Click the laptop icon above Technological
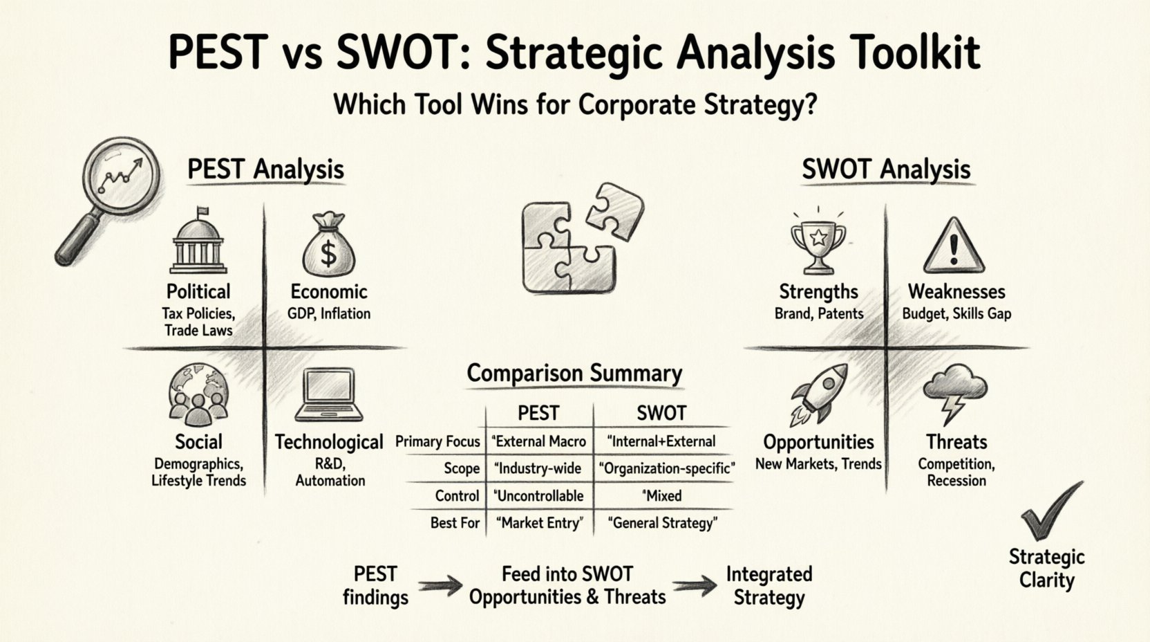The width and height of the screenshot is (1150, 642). point(330,395)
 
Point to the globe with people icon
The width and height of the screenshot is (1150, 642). point(198,396)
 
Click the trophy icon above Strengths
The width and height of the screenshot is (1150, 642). point(818,242)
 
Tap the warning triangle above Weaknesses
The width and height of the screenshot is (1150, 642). point(955,246)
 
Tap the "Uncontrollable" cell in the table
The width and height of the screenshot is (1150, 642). point(539,496)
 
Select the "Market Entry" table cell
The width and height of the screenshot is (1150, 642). point(539,523)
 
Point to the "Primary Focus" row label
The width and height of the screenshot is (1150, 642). point(437,441)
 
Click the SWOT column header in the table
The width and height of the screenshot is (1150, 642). point(661,414)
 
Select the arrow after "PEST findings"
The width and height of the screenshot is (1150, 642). point(440,587)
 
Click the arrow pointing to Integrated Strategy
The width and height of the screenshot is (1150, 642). point(695,587)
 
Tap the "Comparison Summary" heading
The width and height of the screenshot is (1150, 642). point(574,374)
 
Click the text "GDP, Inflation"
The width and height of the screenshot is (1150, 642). point(328,313)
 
